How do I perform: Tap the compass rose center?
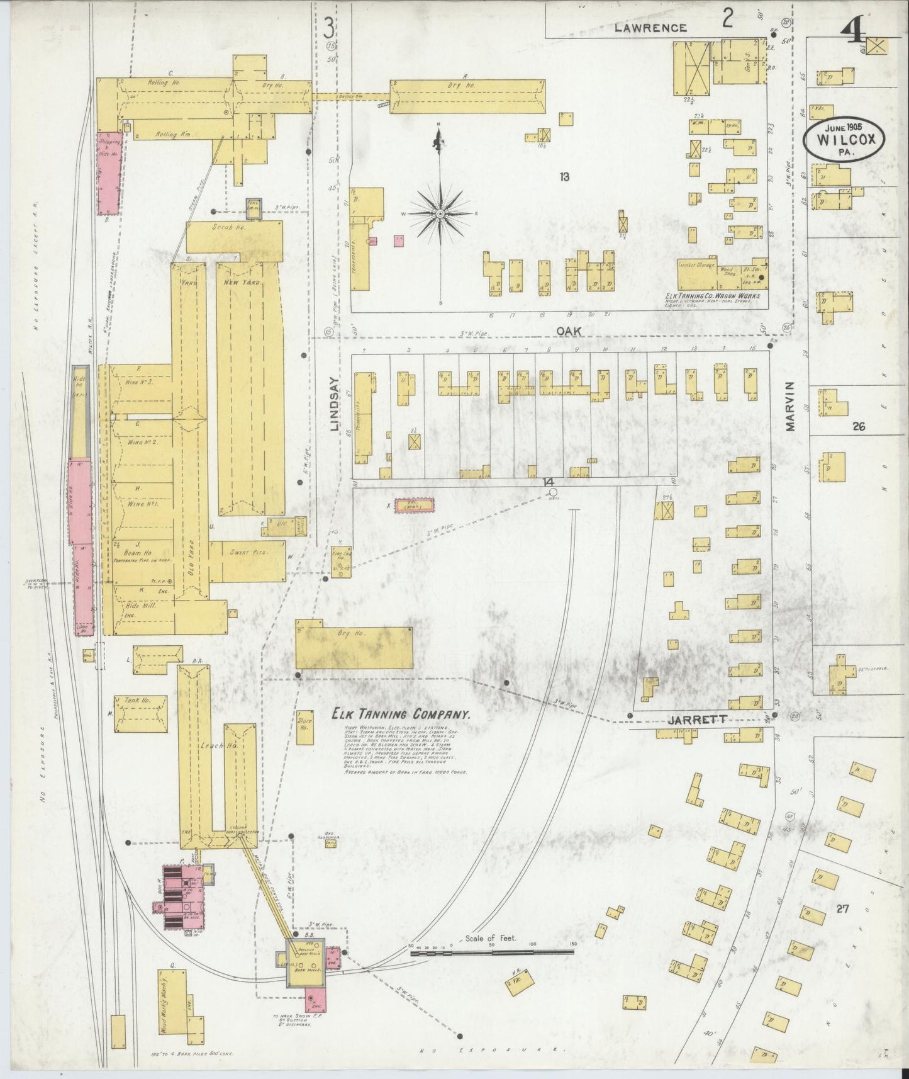click(x=440, y=214)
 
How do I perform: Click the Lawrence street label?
click(x=650, y=28)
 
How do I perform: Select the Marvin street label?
click(x=790, y=405)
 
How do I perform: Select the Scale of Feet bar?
click(x=493, y=952)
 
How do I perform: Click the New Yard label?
click(x=242, y=283)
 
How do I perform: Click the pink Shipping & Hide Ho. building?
click(x=109, y=172)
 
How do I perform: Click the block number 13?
click(x=564, y=177)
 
